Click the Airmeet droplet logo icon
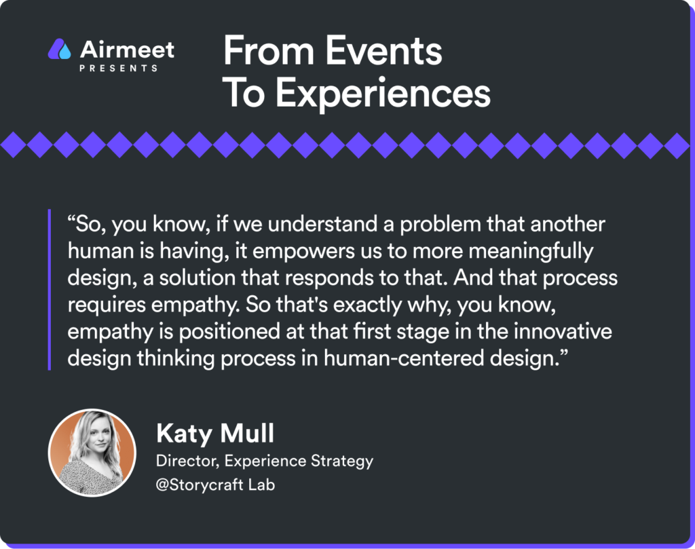click(x=60, y=49)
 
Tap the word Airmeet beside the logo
click(x=127, y=50)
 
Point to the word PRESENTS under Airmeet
click(x=118, y=69)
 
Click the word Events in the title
click(x=384, y=51)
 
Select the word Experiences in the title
click(x=383, y=93)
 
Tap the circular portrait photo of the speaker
click(x=92, y=453)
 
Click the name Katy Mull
click(x=215, y=433)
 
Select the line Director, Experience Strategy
click(x=265, y=461)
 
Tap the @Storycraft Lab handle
click(x=215, y=485)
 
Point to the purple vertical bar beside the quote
click(x=49, y=290)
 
